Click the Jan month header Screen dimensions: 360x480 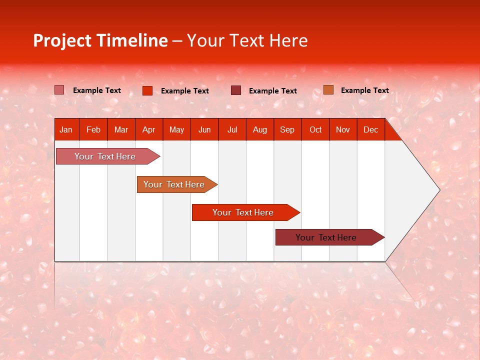click(x=66, y=130)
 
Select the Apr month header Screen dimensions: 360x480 click(x=148, y=130)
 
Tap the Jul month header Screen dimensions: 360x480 click(x=232, y=130)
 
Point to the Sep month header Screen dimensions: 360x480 click(x=287, y=130)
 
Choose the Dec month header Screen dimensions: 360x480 click(x=370, y=130)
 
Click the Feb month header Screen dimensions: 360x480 click(x=93, y=130)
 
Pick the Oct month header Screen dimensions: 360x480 click(x=315, y=130)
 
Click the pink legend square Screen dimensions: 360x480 click(x=59, y=90)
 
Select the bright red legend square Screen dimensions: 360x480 click(x=147, y=90)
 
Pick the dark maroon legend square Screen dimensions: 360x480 click(x=236, y=90)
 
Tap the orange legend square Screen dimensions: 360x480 click(x=328, y=90)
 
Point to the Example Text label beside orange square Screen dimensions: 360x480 click(x=364, y=90)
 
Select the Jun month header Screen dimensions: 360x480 click(x=204, y=130)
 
